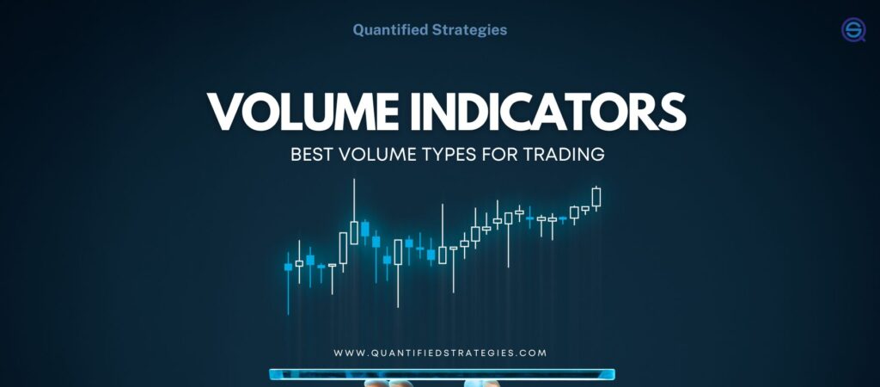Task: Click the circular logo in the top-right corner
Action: [852, 30]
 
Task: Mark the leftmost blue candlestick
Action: [288, 267]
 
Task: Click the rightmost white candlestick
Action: [596, 197]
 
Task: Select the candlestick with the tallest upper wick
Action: [354, 230]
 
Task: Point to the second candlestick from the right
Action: [585, 208]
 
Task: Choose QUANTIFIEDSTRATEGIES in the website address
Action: [440, 353]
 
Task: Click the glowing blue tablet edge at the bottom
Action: [442, 374]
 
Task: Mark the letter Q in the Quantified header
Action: [358, 29]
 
